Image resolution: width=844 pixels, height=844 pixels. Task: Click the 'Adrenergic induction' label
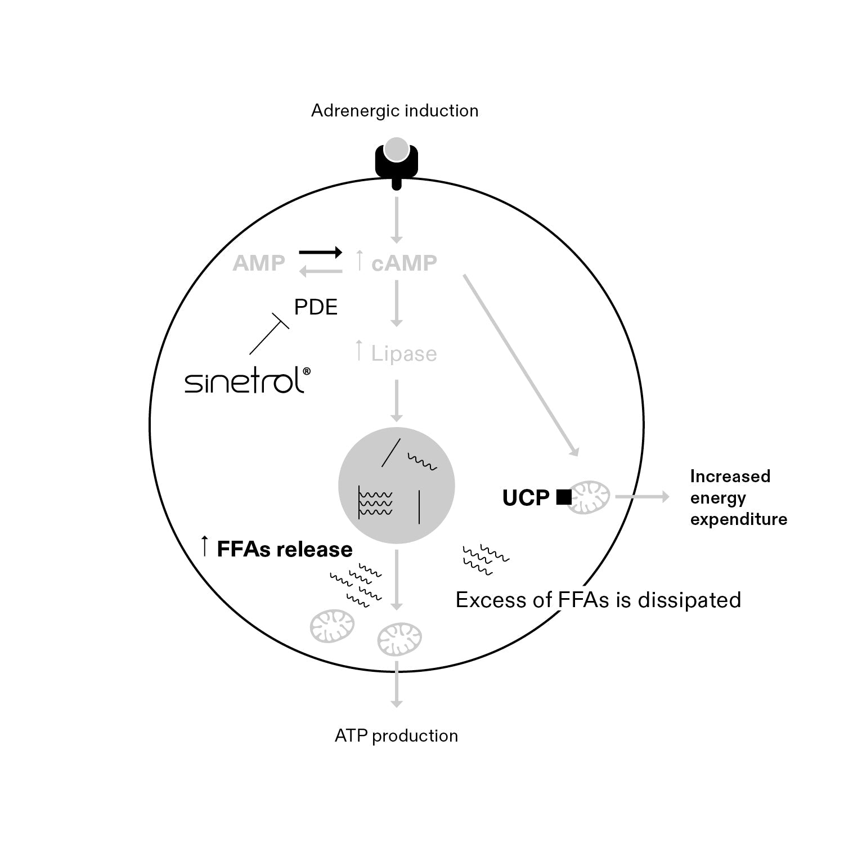[x=394, y=111]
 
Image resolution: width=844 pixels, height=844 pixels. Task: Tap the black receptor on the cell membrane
[x=397, y=163]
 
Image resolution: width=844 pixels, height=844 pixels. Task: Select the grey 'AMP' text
[x=259, y=263]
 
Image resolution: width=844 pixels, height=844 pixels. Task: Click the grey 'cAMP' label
[x=404, y=263]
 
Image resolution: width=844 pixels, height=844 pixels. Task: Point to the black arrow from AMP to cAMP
[x=320, y=252]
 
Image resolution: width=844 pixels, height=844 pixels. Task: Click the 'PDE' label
[x=316, y=307]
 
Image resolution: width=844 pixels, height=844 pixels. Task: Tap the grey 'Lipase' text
[x=404, y=354]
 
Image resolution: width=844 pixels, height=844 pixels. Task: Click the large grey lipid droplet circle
[x=397, y=486]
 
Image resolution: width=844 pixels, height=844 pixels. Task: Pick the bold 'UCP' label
[x=526, y=498]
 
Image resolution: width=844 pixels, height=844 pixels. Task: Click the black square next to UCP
[x=563, y=497]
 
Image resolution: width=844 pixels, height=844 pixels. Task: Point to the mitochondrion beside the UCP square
[x=589, y=497]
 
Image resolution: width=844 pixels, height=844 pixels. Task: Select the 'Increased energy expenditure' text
[x=738, y=498]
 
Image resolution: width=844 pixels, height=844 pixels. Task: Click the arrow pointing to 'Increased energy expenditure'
[x=642, y=497]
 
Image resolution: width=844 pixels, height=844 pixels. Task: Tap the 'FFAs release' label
[x=284, y=549]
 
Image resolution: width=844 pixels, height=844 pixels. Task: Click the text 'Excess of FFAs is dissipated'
[x=598, y=600]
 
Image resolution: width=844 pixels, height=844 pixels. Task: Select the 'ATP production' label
[x=396, y=736]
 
